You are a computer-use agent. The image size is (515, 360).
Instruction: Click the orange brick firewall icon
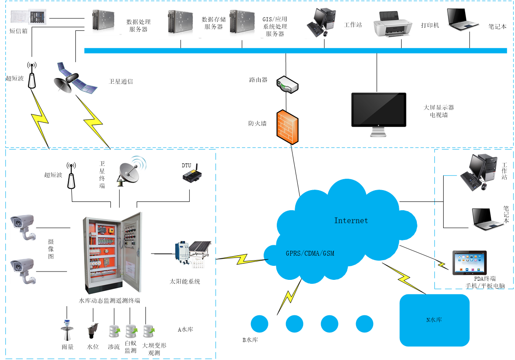point(287,127)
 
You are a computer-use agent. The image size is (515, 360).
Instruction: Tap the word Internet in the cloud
point(351,220)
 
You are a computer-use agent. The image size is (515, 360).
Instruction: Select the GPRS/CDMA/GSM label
point(310,253)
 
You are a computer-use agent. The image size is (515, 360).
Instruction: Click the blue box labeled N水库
point(434,320)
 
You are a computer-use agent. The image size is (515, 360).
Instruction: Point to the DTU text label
point(187,166)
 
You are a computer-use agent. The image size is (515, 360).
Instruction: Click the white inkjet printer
point(394,25)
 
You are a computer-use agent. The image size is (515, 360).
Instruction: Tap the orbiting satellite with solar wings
point(75,78)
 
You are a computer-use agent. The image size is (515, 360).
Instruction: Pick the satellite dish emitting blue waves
point(131,171)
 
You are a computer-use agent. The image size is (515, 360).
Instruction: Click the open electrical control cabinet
point(110,253)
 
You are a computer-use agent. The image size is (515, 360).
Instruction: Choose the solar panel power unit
point(193,253)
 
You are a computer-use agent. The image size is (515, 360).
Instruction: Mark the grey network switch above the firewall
point(287,85)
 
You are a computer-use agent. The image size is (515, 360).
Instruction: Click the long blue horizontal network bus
point(295,50)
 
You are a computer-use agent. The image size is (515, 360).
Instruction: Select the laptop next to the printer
point(462,20)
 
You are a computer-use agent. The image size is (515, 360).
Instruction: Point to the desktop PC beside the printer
point(321,23)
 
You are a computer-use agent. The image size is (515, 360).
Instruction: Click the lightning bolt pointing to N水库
point(404,279)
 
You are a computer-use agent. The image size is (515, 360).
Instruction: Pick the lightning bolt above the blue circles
point(289,296)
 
